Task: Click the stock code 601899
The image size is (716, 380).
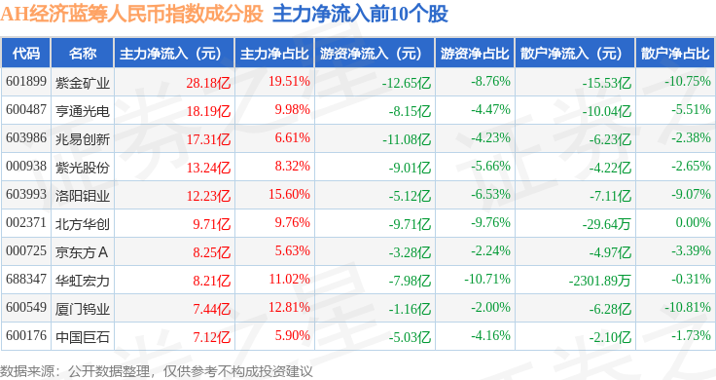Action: point(26,82)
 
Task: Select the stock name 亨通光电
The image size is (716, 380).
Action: point(83,111)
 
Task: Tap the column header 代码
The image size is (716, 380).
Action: point(26,54)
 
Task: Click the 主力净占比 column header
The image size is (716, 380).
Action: point(274,54)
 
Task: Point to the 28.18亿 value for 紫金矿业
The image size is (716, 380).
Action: point(208,83)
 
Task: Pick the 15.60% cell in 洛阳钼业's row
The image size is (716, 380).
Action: point(289,194)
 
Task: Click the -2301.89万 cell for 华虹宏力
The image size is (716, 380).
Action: point(599,281)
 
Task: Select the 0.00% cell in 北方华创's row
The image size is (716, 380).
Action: point(694,223)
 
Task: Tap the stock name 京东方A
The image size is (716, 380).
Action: point(82,252)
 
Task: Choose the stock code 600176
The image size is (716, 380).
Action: point(26,335)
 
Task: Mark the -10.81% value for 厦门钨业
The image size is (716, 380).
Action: point(687,307)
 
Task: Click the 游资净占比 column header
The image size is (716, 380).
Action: point(475,54)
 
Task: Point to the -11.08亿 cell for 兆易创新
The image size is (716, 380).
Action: point(407,139)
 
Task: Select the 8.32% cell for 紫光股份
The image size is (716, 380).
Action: point(292,166)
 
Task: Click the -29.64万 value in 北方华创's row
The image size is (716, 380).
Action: point(606,224)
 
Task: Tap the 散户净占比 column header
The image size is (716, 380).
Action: point(675,54)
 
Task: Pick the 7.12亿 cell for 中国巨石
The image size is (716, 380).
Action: point(211,337)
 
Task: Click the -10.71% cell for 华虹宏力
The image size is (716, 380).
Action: point(487,279)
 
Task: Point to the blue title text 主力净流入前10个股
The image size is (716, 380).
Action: point(360,15)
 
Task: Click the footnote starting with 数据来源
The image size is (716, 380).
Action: point(157,371)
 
